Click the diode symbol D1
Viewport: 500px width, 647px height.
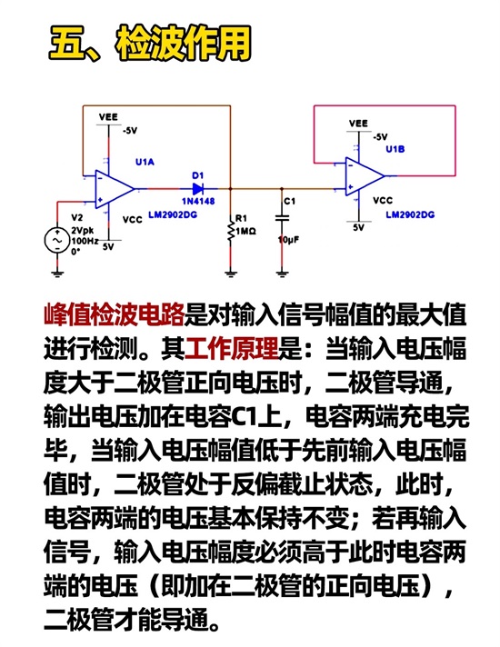tap(198, 189)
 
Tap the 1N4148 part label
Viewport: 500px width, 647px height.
tap(198, 202)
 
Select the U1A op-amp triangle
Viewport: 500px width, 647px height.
tap(115, 189)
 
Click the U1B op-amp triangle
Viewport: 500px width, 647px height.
tap(365, 176)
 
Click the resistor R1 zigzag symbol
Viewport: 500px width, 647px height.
tap(231, 232)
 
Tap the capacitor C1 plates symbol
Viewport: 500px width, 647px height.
tap(282, 217)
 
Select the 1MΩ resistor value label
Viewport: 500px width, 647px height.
tap(246, 232)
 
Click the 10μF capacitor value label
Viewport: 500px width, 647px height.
tap(289, 240)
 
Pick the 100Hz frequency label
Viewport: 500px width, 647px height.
tap(85, 241)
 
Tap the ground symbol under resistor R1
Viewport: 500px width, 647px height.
tap(231, 273)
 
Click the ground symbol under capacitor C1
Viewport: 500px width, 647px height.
tap(282, 273)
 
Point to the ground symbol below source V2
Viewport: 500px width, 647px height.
tap(57, 273)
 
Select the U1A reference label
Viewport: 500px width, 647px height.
tap(145, 162)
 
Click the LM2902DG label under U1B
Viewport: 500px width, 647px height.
tap(410, 214)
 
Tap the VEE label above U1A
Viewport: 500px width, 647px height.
tap(108, 117)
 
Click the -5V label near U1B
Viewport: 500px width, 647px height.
tap(380, 137)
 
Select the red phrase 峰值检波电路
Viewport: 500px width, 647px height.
tap(114, 314)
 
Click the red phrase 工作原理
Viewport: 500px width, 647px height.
tap(231, 348)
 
